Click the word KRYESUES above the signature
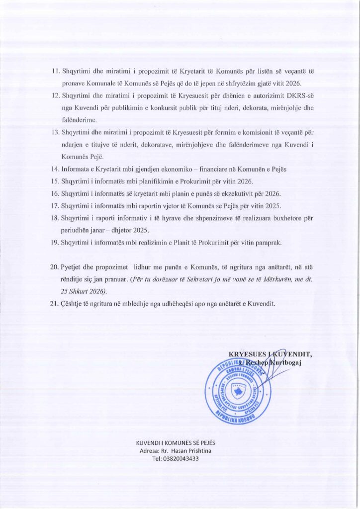247,354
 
